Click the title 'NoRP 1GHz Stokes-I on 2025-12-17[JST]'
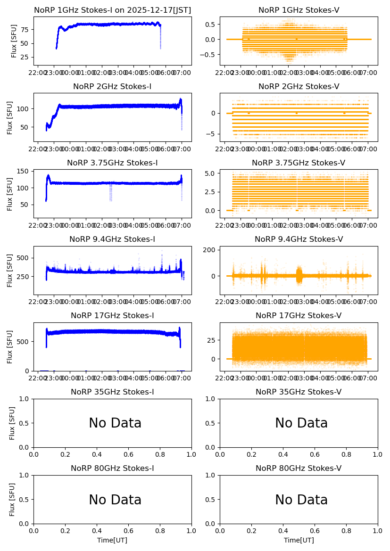pos(112,10)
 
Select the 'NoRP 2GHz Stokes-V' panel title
pos(299,87)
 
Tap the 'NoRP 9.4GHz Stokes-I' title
pos(112,239)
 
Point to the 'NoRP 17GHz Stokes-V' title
pos(299,316)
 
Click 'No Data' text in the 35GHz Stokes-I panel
pos(115,423)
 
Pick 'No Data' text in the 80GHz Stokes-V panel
pos(301,500)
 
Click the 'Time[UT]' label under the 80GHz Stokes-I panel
pos(112,540)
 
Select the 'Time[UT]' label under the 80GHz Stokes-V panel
pos(299,540)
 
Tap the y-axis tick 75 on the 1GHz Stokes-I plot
pos(24,30)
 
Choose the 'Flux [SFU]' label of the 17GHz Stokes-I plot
pos(10,347)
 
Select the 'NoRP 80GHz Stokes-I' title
pos(112,469)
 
